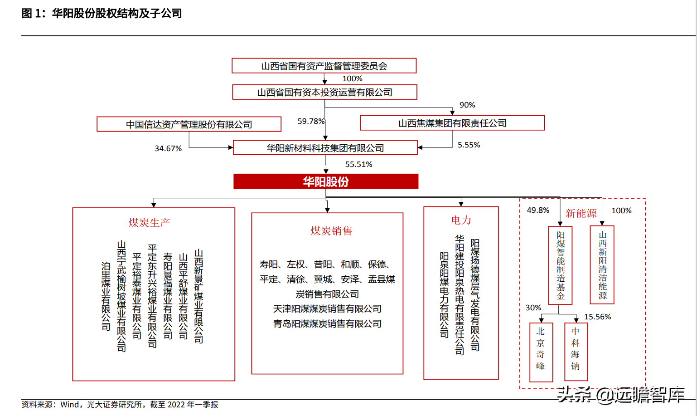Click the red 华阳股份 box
[325, 181]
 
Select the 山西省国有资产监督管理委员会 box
[324, 66]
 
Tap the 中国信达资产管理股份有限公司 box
[189, 124]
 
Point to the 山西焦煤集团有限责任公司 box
[452, 123]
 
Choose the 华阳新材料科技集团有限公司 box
[325, 148]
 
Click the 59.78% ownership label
[311, 121]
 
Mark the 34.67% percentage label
[168, 148]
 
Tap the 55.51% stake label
[358, 164]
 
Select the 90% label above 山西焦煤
[467, 105]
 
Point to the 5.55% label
[469, 145]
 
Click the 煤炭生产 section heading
[149, 223]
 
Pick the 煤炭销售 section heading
[331, 231]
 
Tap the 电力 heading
[461, 220]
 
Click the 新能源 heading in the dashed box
[581, 213]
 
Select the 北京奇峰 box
[541, 352]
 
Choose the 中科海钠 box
[576, 352]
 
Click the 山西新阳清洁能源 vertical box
[602, 265]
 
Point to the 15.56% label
[597, 317]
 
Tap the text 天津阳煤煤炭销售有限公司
[327, 309]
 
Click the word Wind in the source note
[70, 405]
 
